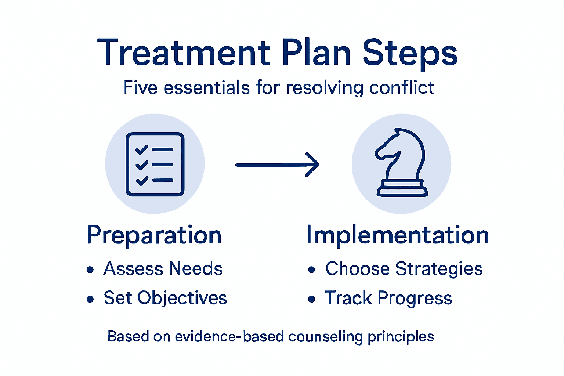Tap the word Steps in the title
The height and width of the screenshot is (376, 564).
click(x=410, y=53)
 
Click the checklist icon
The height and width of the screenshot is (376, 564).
click(x=155, y=164)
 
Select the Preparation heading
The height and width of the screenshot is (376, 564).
click(x=154, y=235)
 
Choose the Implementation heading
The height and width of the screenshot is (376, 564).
click(x=397, y=235)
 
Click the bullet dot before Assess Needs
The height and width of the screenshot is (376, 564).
click(x=90, y=270)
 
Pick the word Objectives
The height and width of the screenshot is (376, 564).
click(x=182, y=298)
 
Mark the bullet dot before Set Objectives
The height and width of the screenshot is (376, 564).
click(x=90, y=299)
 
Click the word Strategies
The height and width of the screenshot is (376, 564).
click(x=439, y=269)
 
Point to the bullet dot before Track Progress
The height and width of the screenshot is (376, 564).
click(x=312, y=299)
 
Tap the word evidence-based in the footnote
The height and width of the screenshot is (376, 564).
click(x=229, y=336)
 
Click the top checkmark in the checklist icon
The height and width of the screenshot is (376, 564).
click(x=141, y=149)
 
